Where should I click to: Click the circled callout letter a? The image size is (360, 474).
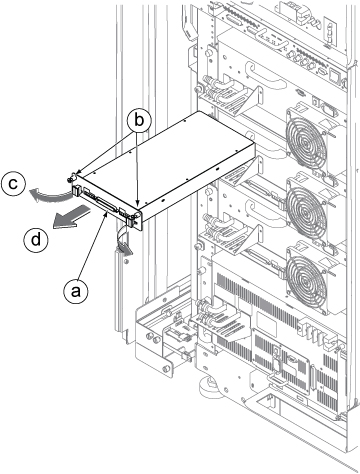(76, 291)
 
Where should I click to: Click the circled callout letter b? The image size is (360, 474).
(139, 120)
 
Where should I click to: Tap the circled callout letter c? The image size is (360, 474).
(13, 184)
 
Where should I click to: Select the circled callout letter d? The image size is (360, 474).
(36, 239)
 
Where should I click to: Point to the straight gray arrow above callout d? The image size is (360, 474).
(71, 217)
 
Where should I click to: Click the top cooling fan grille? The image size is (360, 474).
(306, 143)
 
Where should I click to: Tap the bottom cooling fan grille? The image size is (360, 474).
(306, 274)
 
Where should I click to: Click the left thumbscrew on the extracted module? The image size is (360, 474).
(71, 178)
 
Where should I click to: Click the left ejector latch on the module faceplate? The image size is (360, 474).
(75, 190)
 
